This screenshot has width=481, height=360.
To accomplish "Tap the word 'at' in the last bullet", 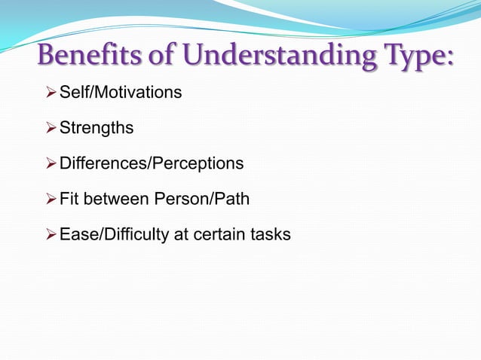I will (x=182, y=235).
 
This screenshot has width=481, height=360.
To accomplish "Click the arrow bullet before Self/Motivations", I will (x=51, y=93).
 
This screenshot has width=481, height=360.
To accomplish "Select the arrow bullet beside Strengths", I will (x=51, y=128).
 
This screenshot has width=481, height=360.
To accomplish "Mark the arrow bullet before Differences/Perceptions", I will (x=51, y=163).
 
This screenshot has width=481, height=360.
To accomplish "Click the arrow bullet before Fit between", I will (x=51, y=200).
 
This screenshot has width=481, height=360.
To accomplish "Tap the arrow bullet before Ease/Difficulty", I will (x=51, y=235).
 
